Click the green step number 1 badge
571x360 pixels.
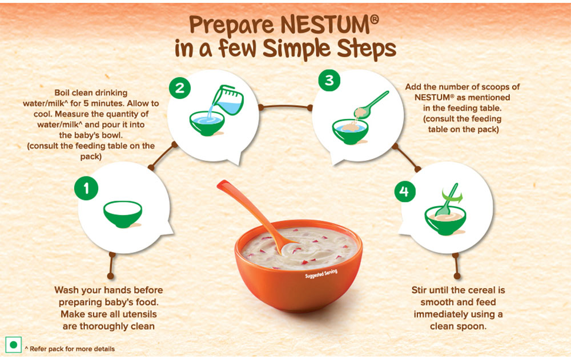tap(86, 189)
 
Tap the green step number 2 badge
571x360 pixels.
tap(180, 88)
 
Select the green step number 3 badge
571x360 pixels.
tap(329, 80)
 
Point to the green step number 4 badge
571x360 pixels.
tap(405, 191)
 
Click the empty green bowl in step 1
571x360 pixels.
tap(123, 214)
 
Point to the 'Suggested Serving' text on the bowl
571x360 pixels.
tap(321, 274)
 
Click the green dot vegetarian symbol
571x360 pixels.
tap(14, 345)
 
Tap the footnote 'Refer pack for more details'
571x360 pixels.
tap(72, 349)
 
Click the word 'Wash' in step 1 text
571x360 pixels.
tap(66, 290)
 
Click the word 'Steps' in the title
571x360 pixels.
tap(366, 49)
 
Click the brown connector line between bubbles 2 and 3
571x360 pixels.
tap(285, 107)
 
